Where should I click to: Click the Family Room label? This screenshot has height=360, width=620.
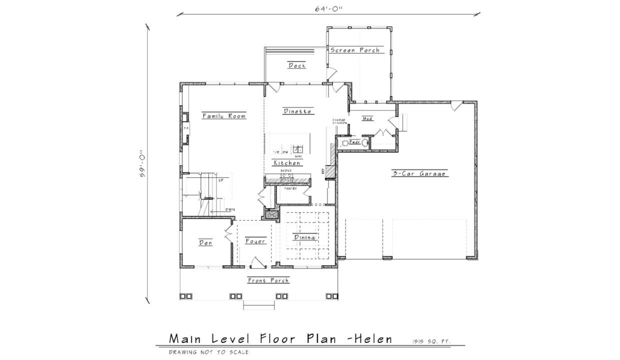pyautogui.click(x=224, y=116)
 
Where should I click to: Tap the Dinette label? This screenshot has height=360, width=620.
pyautogui.click(x=298, y=111)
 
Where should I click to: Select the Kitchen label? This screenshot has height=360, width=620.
pyautogui.click(x=287, y=163)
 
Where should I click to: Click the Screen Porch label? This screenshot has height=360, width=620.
pyautogui.click(x=355, y=50)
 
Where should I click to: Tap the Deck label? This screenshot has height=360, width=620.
pyautogui.click(x=296, y=65)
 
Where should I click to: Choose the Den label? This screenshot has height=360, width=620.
pyautogui.click(x=205, y=243)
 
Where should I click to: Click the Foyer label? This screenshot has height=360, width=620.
pyautogui.click(x=255, y=241)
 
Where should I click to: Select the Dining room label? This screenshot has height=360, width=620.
pyautogui.click(x=304, y=237)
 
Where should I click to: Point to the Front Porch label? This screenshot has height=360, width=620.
pyautogui.click(x=268, y=280)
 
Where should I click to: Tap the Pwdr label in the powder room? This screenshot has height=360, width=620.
pyautogui.click(x=354, y=142)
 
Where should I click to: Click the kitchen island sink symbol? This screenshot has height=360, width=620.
pyautogui.click(x=298, y=149)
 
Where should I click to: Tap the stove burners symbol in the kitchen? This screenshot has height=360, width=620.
pyautogui.click(x=286, y=175)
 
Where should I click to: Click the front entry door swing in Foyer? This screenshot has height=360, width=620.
pyautogui.click(x=256, y=262)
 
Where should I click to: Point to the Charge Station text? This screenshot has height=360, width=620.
pyautogui.click(x=339, y=121)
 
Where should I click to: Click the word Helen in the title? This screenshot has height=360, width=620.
pyautogui.click(x=370, y=339)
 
